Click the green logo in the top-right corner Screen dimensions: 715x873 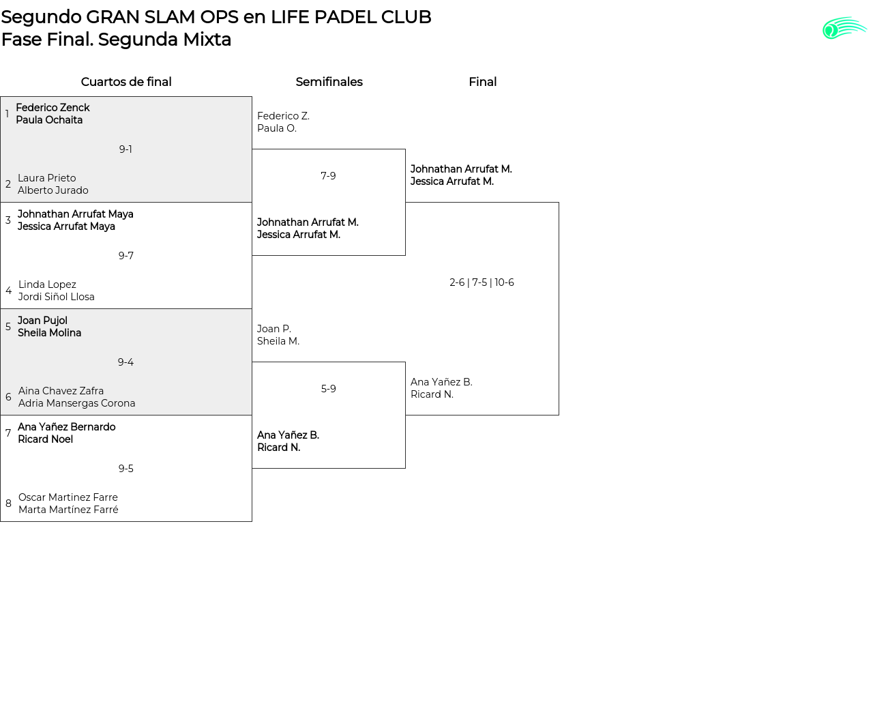coord(844,29)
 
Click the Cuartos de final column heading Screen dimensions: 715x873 coord(126,82)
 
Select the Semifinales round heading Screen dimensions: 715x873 coord(329,82)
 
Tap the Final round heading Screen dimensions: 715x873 coord(482,82)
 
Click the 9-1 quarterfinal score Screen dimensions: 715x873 coord(125,149)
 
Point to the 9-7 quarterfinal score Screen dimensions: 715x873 coord(125,256)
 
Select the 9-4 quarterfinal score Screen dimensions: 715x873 coord(125,362)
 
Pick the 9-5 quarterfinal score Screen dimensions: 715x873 coord(125,469)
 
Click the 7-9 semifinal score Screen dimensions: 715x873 coord(328,176)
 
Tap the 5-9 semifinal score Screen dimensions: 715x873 coord(328,389)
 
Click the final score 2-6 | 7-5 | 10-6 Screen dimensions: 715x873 coord(482,282)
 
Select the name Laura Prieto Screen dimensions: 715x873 coord(47,178)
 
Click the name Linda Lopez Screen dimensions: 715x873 coord(47,284)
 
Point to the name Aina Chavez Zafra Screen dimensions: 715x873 coord(61,391)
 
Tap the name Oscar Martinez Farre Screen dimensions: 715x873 coord(68,497)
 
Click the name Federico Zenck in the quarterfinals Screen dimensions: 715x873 coord(53,108)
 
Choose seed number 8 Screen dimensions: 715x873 coord(8,504)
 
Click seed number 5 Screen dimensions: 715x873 coord(8,327)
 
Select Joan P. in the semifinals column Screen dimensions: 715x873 coord(274,329)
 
